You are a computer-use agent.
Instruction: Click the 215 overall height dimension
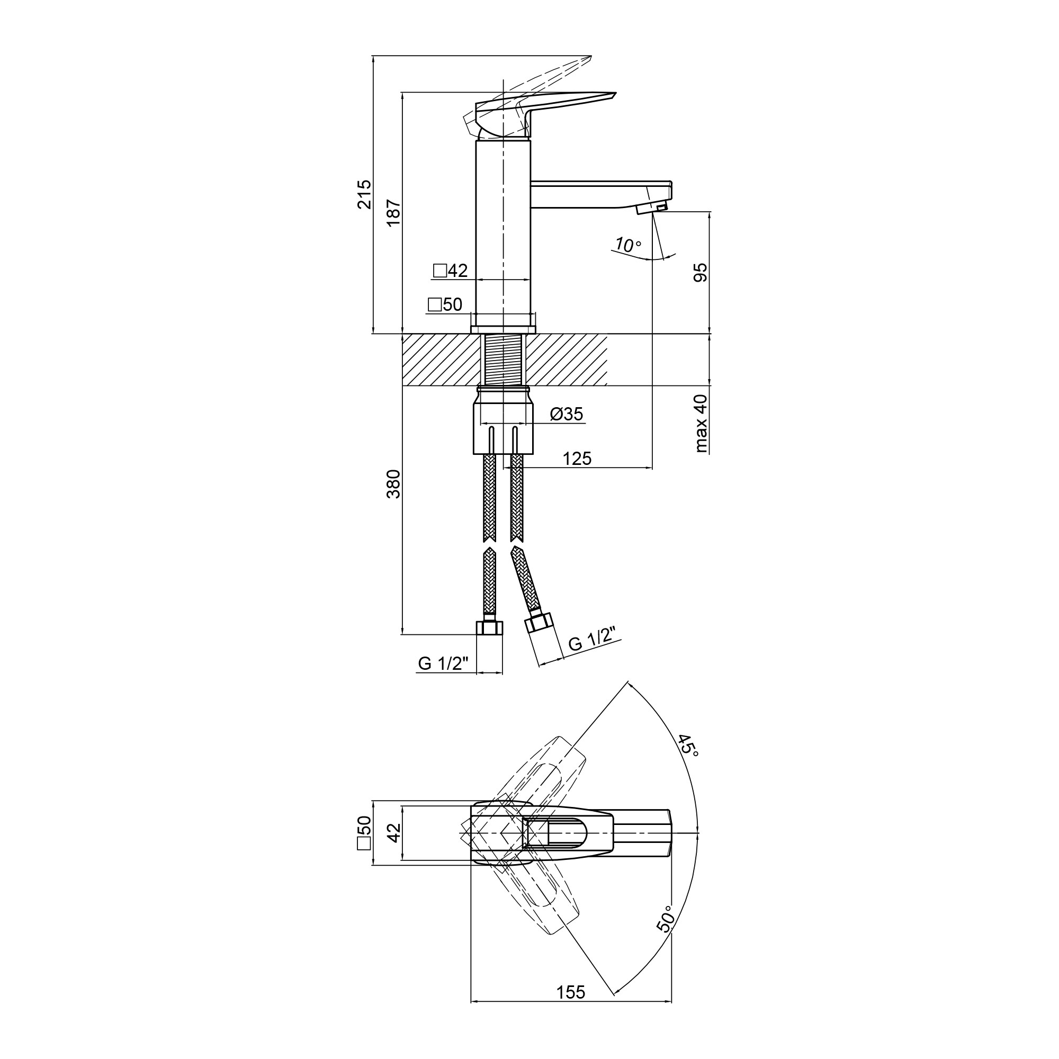tap(364, 194)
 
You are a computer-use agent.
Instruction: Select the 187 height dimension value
tap(393, 213)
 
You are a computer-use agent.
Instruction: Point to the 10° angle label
tap(627, 245)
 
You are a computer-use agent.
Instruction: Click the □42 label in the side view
tap(450, 270)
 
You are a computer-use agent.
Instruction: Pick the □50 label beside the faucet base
tap(445, 304)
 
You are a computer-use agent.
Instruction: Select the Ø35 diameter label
tap(566, 414)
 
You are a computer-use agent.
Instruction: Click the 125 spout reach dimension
tap(577, 458)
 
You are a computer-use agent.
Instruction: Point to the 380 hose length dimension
tap(393, 484)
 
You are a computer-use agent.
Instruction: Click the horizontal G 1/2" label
tap(443, 663)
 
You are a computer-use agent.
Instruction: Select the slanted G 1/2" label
tap(592, 639)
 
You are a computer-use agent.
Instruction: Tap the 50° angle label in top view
tap(665, 918)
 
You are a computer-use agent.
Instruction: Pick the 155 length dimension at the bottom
tap(571, 1008)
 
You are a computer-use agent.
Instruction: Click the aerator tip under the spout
tap(652, 208)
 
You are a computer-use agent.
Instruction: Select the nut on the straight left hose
tap(489, 626)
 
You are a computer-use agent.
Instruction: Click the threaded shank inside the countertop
tap(503, 360)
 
